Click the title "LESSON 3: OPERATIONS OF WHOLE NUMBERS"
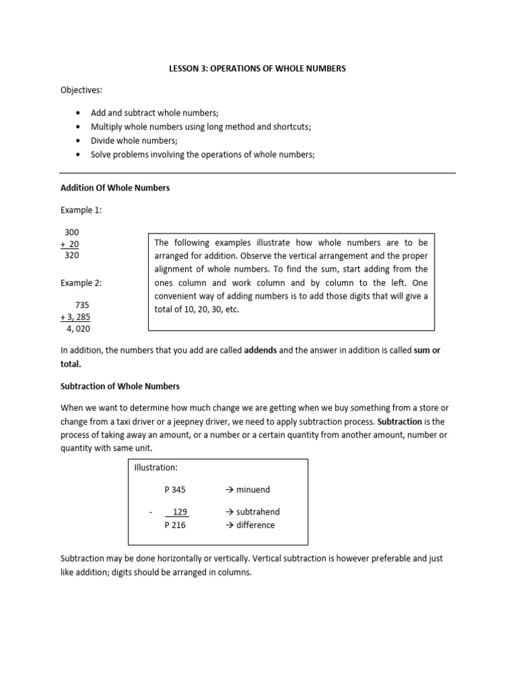coord(257,68)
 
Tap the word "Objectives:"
coord(82,90)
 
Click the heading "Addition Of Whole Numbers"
coord(115,188)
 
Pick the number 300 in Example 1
coord(72,231)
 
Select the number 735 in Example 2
coord(82,305)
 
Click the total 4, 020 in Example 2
coord(78,329)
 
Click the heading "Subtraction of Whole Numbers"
coord(121,386)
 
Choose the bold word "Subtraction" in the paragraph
coord(400,421)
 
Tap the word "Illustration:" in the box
coord(156,468)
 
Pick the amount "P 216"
coord(175,525)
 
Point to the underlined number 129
coord(179,512)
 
